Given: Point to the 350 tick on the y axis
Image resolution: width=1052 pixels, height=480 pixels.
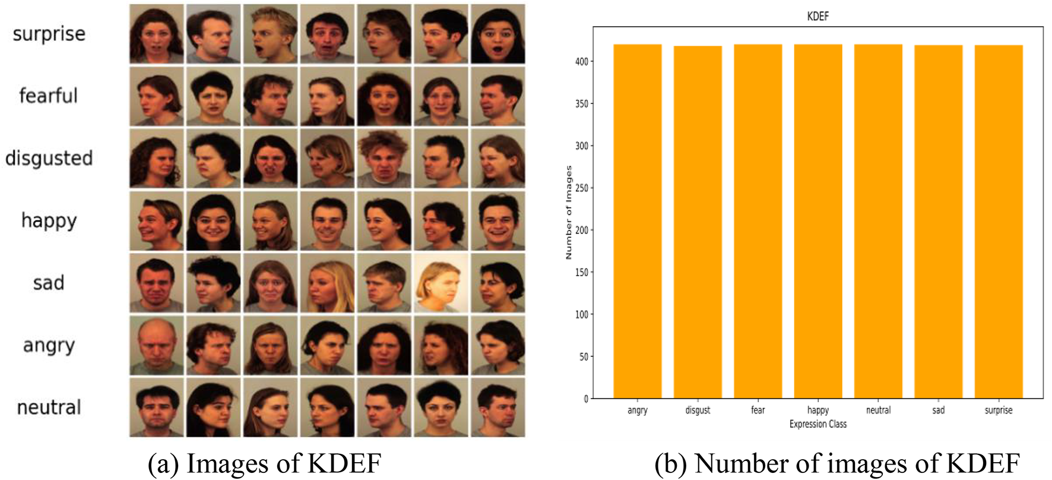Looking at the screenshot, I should [x=581, y=103].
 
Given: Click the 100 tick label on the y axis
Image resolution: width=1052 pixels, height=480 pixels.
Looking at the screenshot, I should [x=581, y=314].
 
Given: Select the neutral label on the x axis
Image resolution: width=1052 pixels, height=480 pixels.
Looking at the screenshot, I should [x=878, y=410].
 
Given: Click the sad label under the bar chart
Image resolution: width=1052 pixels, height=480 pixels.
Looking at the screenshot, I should [x=938, y=410].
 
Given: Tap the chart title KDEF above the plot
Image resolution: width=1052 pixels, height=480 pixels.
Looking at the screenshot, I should [x=817, y=16].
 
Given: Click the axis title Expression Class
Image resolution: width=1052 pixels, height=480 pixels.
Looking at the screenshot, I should [x=817, y=424].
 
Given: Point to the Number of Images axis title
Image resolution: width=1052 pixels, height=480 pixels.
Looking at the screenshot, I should [x=569, y=212].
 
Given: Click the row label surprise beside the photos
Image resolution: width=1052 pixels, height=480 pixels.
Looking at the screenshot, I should [x=49, y=34].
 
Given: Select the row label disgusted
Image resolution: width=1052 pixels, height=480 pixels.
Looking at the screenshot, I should [x=49, y=158].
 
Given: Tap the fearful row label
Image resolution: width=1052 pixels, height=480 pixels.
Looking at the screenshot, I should [x=49, y=96].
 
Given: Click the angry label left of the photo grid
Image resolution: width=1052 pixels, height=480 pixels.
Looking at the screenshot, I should [x=49, y=345].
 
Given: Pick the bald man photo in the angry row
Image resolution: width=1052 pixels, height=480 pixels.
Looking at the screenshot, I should [x=157, y=345].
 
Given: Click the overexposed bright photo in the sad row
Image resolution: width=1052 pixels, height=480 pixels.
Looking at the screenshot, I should [x=441, y=283].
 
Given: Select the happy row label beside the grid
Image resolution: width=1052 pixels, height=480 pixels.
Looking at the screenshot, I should [x=49, y=220].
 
